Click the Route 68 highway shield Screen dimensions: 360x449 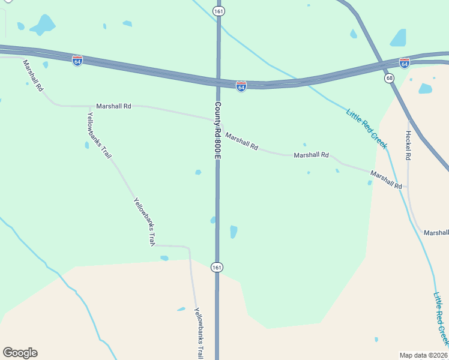tap(390, 79)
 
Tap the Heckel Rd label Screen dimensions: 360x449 tap(408, 145)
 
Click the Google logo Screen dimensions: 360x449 tap(20, 353)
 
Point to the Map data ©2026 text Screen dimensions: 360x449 tap(423, 355)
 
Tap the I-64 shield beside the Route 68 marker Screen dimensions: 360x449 tap(405, 63)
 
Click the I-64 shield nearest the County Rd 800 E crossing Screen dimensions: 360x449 tap(241, 87)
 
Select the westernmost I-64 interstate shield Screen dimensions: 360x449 tap(77, 61)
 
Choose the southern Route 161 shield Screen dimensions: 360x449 tap(217, 266)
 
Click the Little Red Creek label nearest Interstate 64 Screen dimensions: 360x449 tap(367, 128)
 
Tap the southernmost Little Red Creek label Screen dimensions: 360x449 tap(441, 318)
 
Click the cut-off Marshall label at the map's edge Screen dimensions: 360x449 tap(436, 233)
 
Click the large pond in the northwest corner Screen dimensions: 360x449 tap(43, 25)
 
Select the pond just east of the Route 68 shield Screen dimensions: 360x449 tap(425, 89)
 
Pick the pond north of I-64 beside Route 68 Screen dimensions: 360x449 tap(399, 38)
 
